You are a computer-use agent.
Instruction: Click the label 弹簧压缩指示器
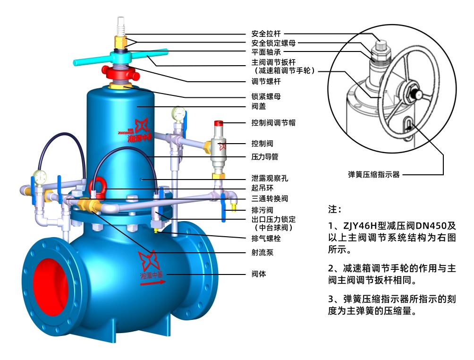[x=373, y=174]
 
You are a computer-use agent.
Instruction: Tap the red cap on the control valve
[x=219, y=123]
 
